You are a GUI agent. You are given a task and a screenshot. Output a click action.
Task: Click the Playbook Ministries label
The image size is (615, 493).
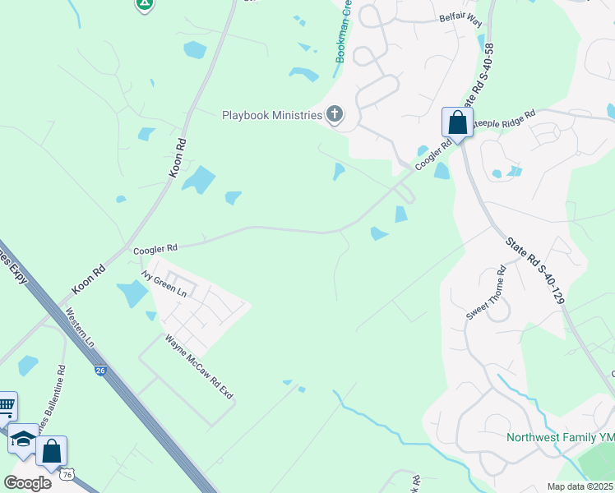[272, 115]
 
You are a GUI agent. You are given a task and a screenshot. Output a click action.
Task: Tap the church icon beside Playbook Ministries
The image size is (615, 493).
[334, 114]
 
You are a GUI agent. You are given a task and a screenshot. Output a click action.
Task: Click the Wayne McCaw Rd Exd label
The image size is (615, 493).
[199, 367]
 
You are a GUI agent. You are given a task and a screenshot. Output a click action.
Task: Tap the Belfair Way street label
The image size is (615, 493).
[460, 17]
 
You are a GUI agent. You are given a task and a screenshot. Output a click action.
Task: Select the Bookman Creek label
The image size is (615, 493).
[343, 33]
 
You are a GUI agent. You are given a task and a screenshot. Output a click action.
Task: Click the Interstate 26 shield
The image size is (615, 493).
[100, 371]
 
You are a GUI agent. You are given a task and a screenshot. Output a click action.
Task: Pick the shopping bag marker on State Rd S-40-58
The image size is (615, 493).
[457, 123]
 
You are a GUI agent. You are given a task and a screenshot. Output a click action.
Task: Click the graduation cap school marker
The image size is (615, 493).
[23, 439]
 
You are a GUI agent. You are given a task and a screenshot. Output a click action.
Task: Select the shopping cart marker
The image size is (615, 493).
[6, 404]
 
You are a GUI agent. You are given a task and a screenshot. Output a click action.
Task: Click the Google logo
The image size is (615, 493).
[27, 482]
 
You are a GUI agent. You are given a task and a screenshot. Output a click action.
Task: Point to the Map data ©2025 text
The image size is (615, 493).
[580, 486]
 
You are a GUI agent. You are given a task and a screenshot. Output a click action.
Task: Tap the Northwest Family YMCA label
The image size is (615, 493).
[559, 437]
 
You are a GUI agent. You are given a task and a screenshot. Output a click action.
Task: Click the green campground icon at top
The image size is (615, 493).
[145, 3]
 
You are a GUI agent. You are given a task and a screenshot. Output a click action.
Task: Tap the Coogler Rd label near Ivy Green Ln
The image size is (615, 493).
[155, 247]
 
